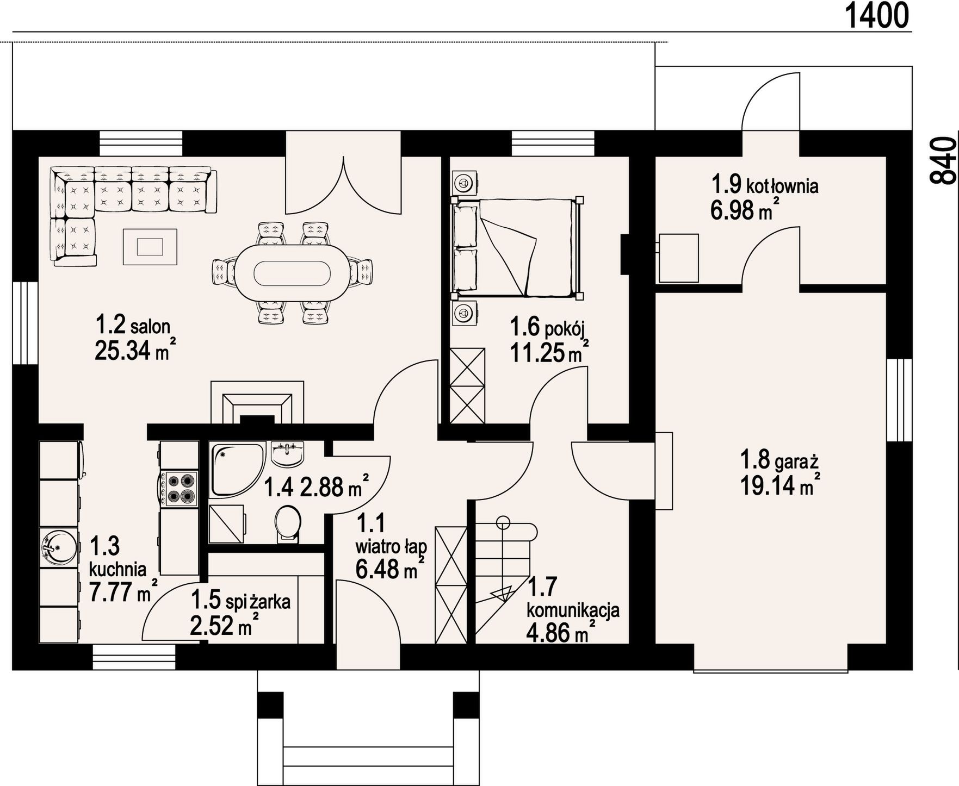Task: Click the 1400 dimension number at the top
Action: pos(877,15)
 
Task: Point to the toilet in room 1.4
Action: pos(288,524)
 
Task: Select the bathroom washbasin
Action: pos(288,454)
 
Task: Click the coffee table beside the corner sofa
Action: pos(150,247)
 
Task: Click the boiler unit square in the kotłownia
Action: pos(678,258)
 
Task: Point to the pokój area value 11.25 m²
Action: pos(549,354)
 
